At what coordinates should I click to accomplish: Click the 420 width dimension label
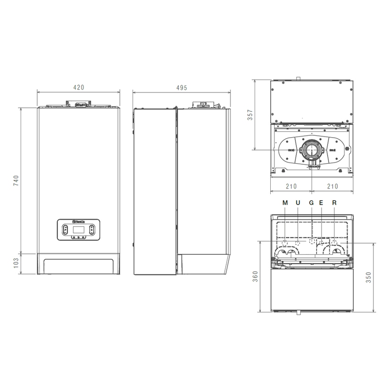coord(78,87)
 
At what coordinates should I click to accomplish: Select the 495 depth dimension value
coord(182,87)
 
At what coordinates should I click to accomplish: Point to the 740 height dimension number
coord(16,181)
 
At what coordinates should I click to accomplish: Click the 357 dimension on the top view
coord(250,115)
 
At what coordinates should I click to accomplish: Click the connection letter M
coord(285,202)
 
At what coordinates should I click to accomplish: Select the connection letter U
coord(298,202)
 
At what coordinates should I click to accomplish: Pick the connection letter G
coord(312,202)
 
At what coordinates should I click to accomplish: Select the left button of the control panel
coord(64,230)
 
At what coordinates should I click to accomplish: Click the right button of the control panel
coord(92,230)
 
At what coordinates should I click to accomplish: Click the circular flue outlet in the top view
coord(312,150)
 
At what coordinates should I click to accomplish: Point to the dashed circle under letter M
coord(285,242)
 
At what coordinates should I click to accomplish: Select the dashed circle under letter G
coord(312,242)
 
